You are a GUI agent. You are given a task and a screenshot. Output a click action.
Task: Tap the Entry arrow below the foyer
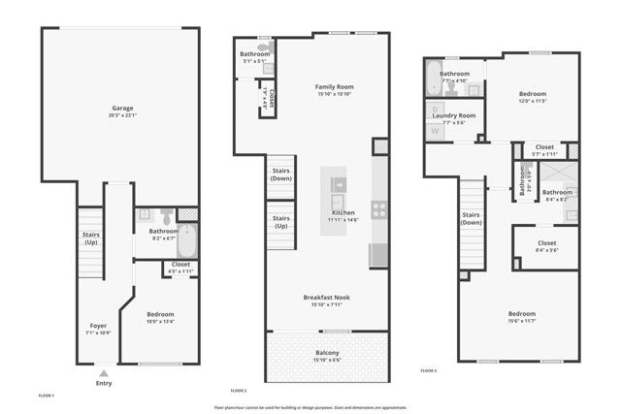coord(104,371)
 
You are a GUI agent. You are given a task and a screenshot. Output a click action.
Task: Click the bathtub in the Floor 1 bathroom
coord(187,239)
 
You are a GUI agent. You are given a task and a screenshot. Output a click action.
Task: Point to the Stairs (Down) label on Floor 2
coord(281,175)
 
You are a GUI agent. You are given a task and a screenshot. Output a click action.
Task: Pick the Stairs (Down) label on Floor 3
coord(472,218)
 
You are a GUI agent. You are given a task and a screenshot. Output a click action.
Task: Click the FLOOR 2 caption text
coord(239,390)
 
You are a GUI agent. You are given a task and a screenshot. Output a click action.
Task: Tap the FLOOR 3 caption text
coord(429,370)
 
